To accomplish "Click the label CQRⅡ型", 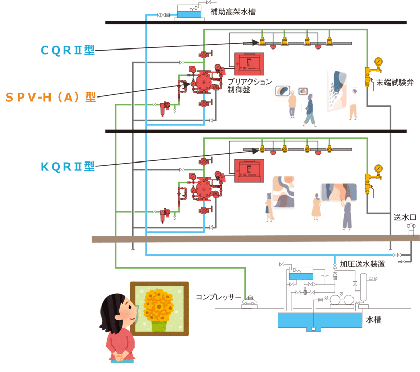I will [68, 50].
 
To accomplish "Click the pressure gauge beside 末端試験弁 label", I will [379, 62].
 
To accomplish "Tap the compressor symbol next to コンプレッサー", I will [250, 301].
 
